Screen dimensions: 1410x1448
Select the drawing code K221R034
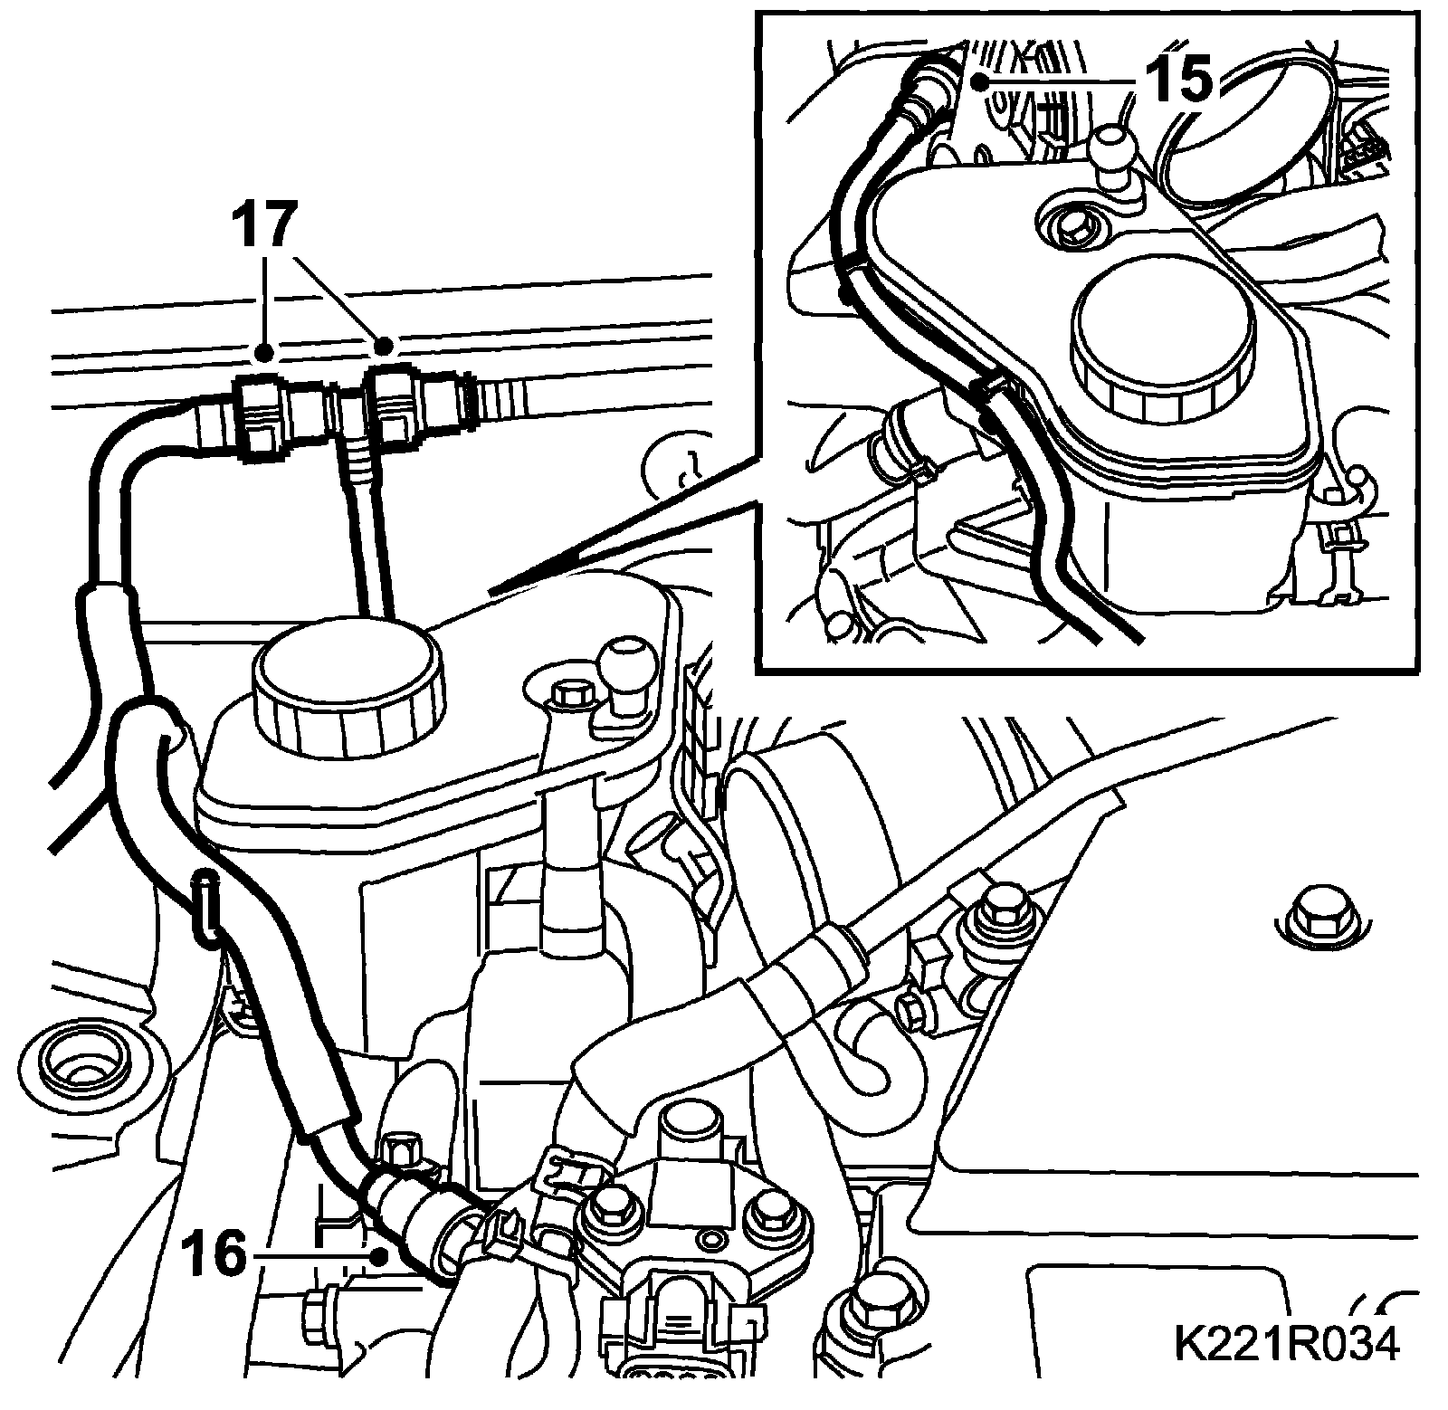1286,1341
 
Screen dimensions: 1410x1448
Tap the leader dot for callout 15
979,81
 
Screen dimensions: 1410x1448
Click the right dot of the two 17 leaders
385,345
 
